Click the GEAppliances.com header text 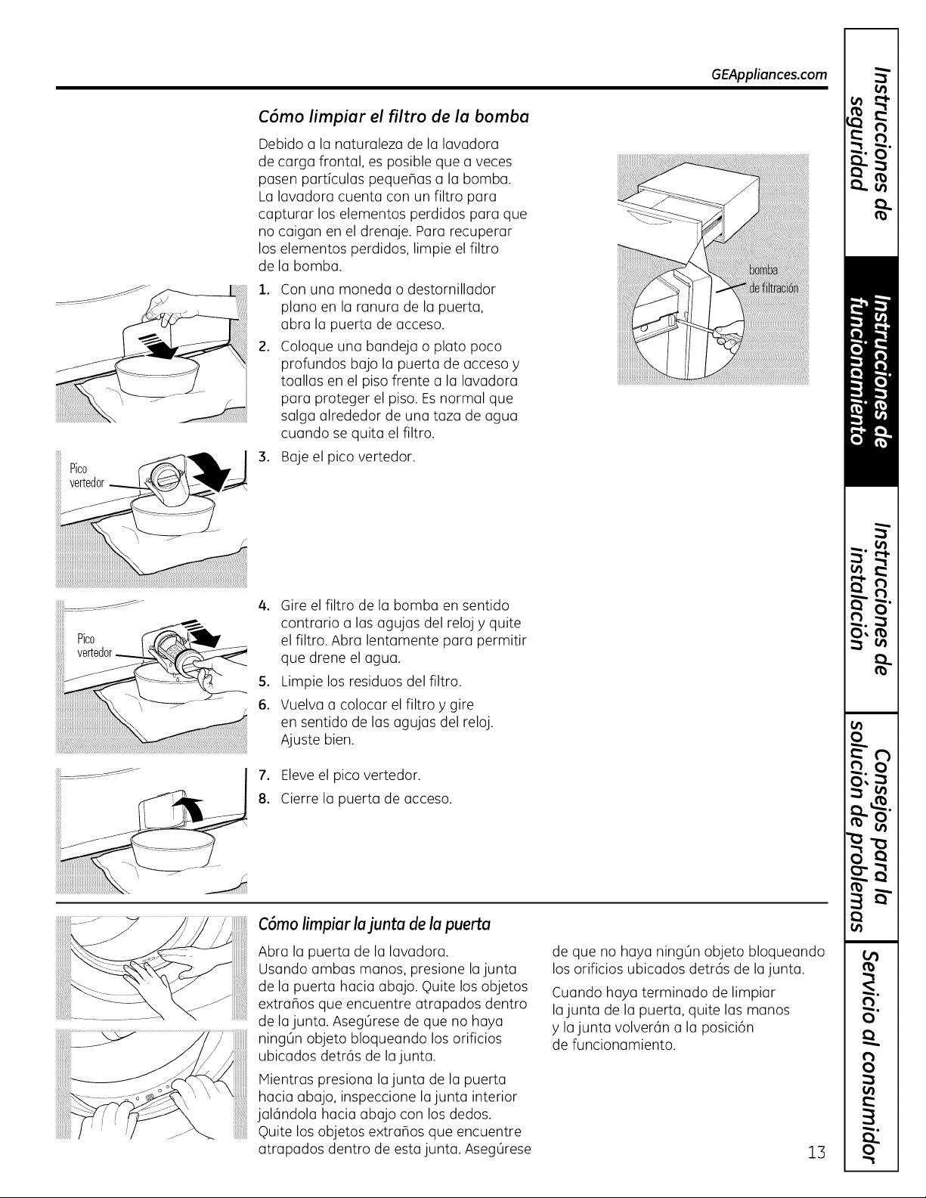point(769,74)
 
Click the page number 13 point(817,1152)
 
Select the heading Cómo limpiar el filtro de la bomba point(394,117)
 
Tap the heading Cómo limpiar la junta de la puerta point(374,924)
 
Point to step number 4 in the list point(265,606)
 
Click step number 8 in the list point(265,799)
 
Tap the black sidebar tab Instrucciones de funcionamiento point(870,371)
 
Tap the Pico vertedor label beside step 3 point(86,475)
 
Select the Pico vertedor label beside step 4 point(94,645)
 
